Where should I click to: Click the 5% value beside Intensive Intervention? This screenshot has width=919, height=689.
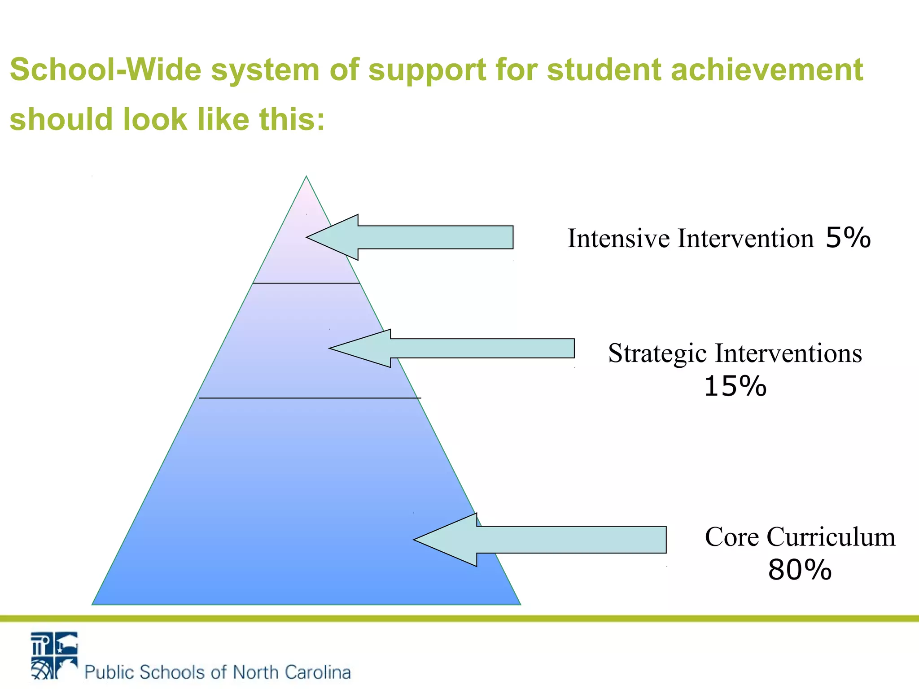pos(848,238)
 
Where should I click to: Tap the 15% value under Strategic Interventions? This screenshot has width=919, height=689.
pos(735,387)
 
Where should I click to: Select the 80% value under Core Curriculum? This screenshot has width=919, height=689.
pos(800,571)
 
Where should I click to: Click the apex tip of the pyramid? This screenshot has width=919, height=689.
pos(306,177)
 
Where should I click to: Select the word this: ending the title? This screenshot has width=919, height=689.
pos(292,120)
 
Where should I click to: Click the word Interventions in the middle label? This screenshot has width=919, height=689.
pos(788,353)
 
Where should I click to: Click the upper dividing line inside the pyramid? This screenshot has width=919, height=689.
pos(306,283)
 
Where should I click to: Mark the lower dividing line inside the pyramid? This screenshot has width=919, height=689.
pos(310,398)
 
